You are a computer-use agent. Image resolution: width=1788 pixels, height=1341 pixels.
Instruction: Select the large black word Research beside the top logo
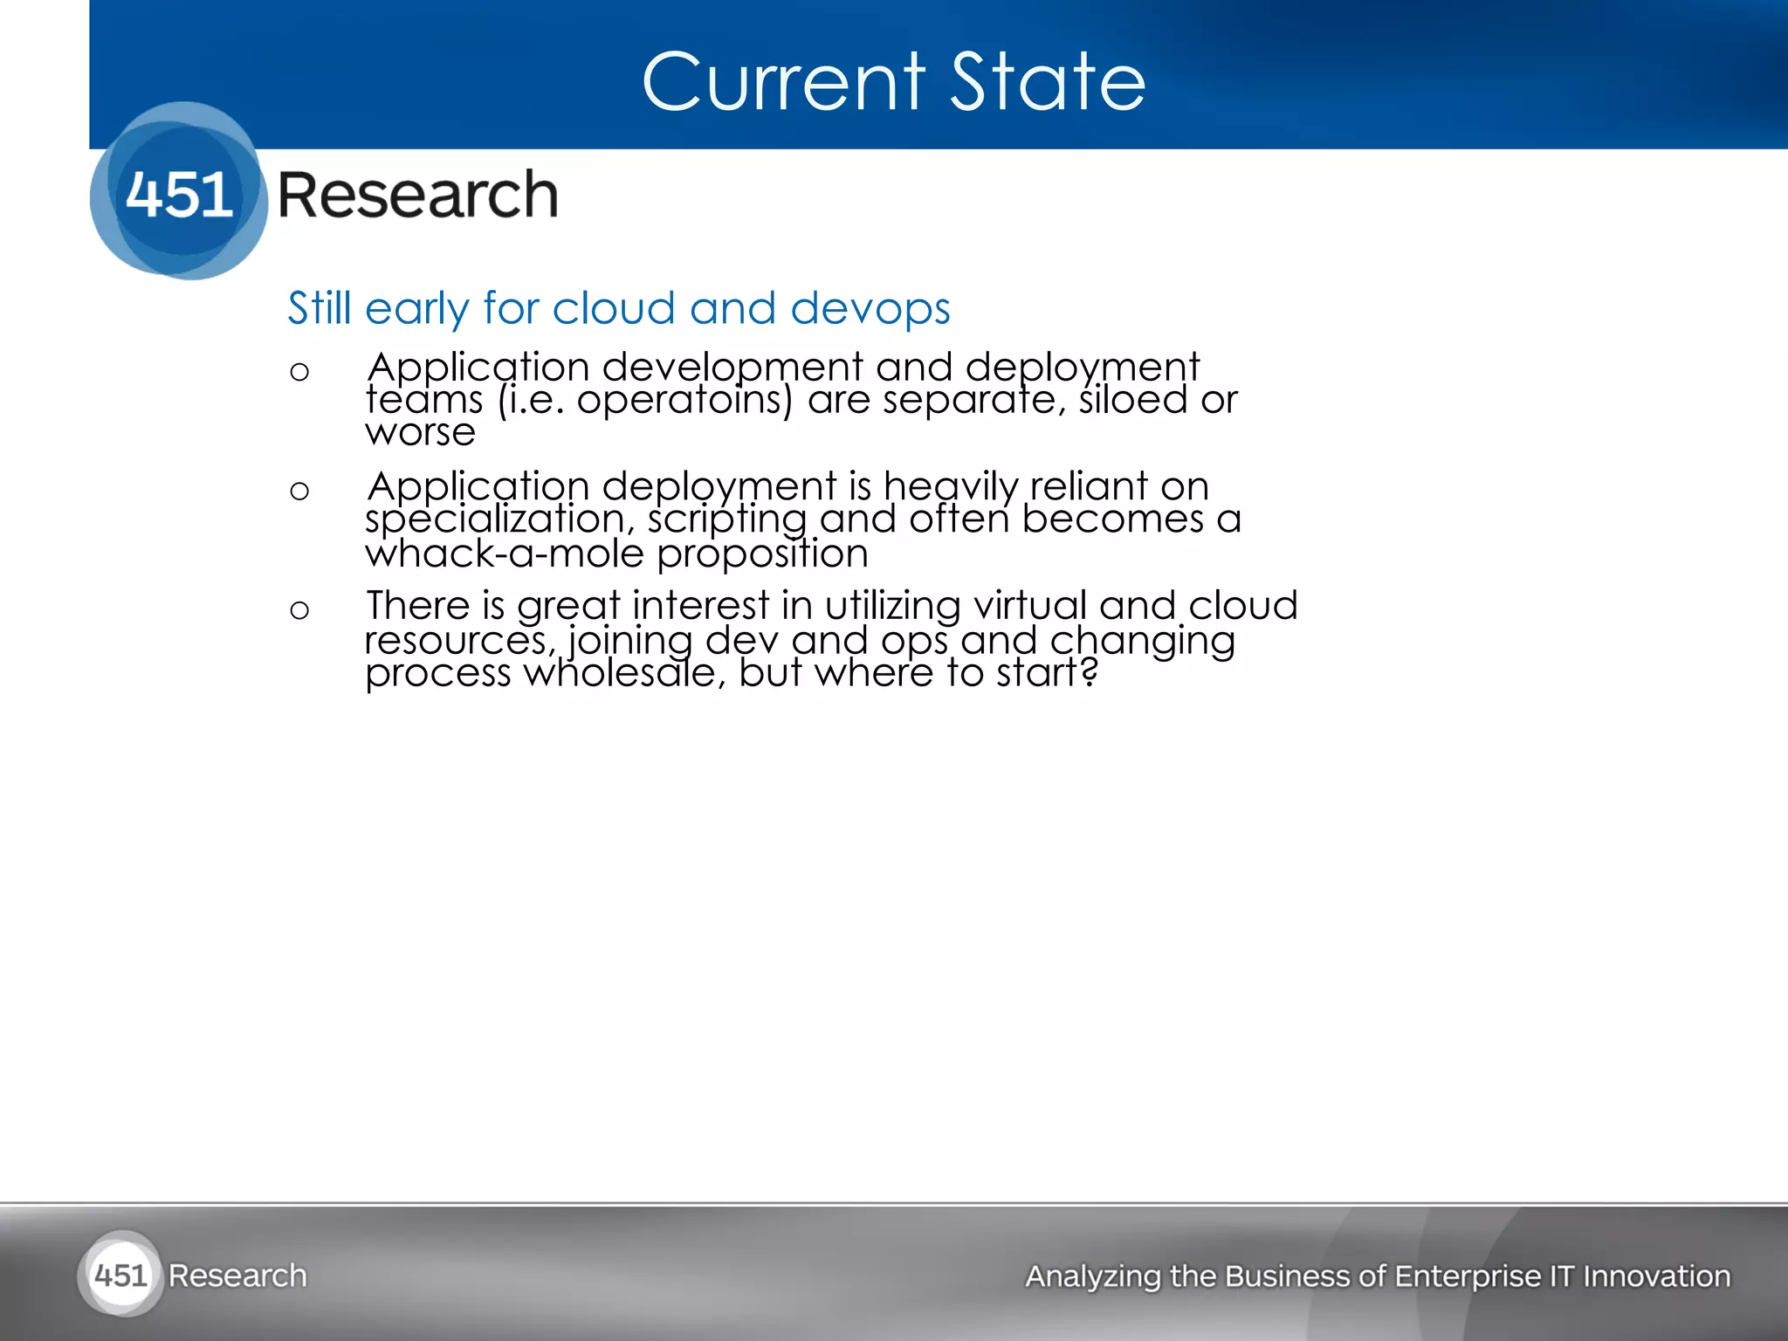coord(417,195)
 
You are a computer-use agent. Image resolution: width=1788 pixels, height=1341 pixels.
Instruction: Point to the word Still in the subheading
coord(319,309)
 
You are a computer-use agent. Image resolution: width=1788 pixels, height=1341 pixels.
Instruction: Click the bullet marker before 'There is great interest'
coord(299,610)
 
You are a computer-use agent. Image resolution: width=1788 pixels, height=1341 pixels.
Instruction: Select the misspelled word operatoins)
coord(684,401)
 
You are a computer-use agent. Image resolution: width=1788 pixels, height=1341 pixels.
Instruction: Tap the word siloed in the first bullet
coord(1133,401)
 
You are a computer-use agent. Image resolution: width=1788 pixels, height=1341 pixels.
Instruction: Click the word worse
coord(420,433)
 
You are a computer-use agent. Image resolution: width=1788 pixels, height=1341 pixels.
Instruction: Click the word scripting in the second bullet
coord(727,520)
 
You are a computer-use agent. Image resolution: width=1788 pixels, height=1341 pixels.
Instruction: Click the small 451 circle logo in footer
coord(120,1275)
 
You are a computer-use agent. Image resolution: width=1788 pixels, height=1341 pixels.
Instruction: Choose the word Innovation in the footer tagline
coord(1656,1276)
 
